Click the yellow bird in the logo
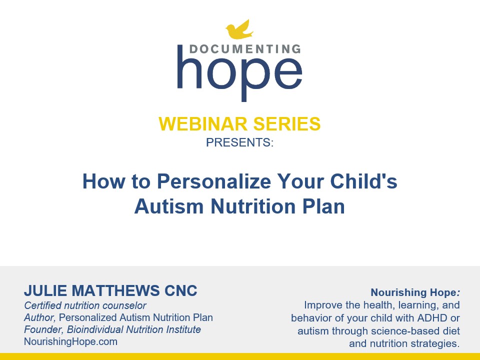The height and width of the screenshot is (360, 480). [x=239, y=30]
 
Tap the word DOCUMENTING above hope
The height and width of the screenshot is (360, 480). [x=245, y=49]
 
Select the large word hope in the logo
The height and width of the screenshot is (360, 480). [x=239, y=73]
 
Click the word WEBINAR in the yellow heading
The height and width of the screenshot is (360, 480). [x=202, y=124]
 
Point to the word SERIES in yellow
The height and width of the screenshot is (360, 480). [x=287, y=124]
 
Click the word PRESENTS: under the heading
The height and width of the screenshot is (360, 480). [x=239, y=142]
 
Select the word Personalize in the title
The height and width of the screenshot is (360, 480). [x=214, y=181]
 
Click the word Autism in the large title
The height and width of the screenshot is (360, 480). [x=169, y=206]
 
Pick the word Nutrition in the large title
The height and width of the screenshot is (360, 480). [x=253, y=206]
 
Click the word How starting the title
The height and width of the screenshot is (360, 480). [x=104, y=181]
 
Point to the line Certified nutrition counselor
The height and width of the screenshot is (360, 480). [x=85, y=305]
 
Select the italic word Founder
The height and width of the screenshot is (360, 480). [x=44, y=329]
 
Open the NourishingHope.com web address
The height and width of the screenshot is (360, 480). [x=70, y=341]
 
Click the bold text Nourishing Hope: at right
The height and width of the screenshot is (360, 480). [x=415, y=292]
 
